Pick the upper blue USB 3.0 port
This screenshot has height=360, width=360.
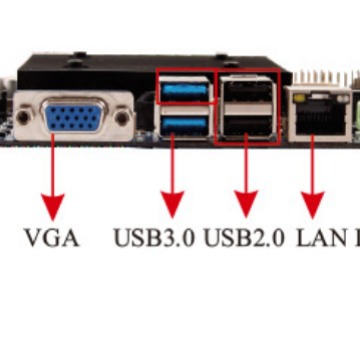point(185,92)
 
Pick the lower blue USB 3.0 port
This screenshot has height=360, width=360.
point(185,124)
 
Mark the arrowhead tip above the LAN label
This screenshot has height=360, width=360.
point(313,216)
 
